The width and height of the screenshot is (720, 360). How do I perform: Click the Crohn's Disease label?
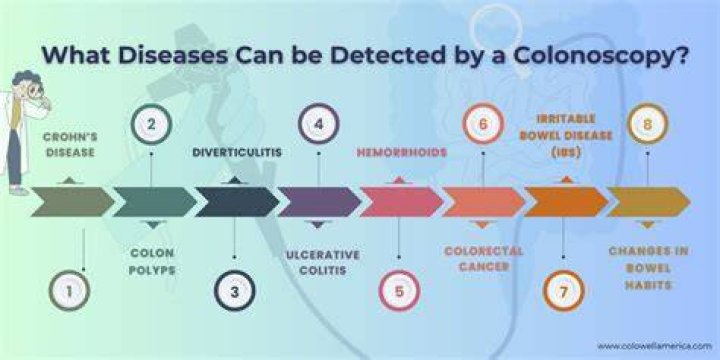click(x=70, y=145)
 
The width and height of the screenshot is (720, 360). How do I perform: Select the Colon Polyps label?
click(x=152, y=262)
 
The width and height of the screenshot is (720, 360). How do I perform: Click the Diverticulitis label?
click(x=237, y=152)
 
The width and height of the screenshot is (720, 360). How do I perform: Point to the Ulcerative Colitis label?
click(x=323, y=263)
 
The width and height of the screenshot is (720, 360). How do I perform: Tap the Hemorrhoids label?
click(x=402, y=152)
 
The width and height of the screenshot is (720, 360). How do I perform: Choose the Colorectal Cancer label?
click(x=484, y=259)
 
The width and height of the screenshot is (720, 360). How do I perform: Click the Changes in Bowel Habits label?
click(x=648, y=268)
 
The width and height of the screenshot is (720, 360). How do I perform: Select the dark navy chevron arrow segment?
click(x=237, y=202)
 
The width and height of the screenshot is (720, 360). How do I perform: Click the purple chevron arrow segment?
click(x=320, y=202)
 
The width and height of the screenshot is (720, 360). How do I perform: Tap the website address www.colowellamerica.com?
click(x=654, y=345)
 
